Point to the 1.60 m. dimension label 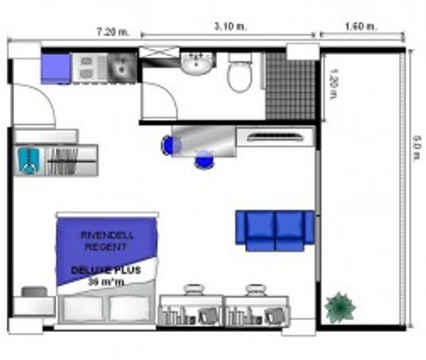(361, 26)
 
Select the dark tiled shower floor (290, 85)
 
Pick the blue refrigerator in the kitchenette (56, 68)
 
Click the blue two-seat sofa (275, 231)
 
